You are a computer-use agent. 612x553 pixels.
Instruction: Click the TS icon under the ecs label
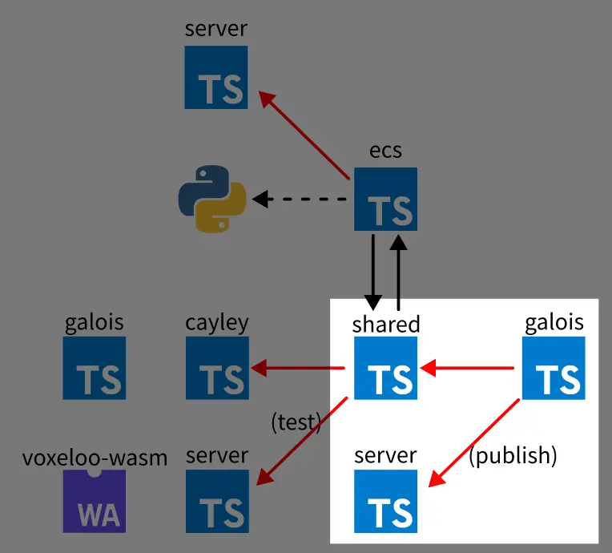pyautogui.click(x=385, y=199)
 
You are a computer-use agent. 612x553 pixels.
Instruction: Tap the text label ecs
pyautogui.click(x=385, y=151)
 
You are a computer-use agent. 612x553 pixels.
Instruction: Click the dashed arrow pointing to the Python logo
pyautogui.click(x=300, y=199)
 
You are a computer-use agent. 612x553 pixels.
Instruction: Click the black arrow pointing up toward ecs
pyautogui.click(x=398, y=268)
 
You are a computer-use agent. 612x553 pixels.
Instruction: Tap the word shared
pyautogui.click(x=385, y=324)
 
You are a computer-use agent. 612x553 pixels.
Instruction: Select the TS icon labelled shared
pyautogui.click(x=385, y=367)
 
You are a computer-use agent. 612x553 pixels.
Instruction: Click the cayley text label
pyautogui.click(x=217, y=323)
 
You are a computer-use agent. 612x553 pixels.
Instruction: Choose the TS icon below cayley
pyautogui.click(x=217, y=368)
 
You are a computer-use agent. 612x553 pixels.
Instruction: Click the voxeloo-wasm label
pyautogui.click(x=95, y=458)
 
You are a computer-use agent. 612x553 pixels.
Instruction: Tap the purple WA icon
pyautogui.click(x=95, y=501)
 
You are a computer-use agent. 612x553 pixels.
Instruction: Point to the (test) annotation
pyautogui.click(x=296, y=422)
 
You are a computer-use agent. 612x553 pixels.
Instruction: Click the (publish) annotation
pyautogui.click(x=513, y=455)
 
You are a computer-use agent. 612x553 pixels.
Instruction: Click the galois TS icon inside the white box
pyautogui.click(x=554, y=368)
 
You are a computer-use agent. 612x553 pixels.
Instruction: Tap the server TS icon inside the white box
pyautogui.click(x=385, y=501)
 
